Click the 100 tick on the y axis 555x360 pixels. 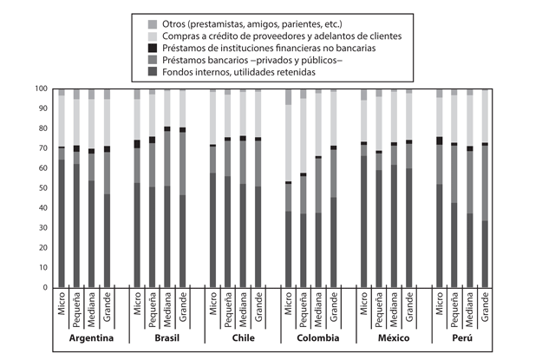pos(40,88)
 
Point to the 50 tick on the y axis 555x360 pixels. pos(42,188)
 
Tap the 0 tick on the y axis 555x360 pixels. pos(45,287)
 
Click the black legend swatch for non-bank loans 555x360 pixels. pos(153,48)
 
